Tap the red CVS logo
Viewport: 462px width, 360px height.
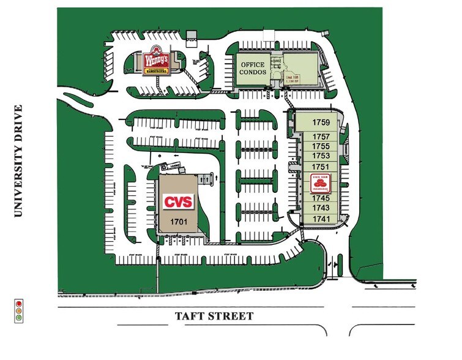coord(178,201)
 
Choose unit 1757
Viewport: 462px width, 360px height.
coord(321,137)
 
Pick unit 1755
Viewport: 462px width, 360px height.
coord(321,146)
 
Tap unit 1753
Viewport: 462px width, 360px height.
coord(321,156)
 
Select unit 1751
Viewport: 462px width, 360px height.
coord(321,167)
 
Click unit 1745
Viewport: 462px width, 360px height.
coord(321,198)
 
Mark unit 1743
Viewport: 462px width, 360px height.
coord(321,208)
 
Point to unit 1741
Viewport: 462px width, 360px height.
coord(321,219)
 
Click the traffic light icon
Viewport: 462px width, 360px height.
coord(19,310)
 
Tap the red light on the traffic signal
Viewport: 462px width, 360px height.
coord(19,303)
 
